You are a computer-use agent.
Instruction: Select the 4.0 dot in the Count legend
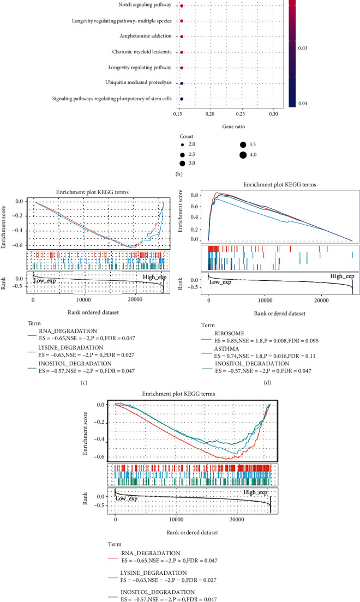click(x=242, y=155)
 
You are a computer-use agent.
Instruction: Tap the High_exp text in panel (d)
click(x=342, y=276)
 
